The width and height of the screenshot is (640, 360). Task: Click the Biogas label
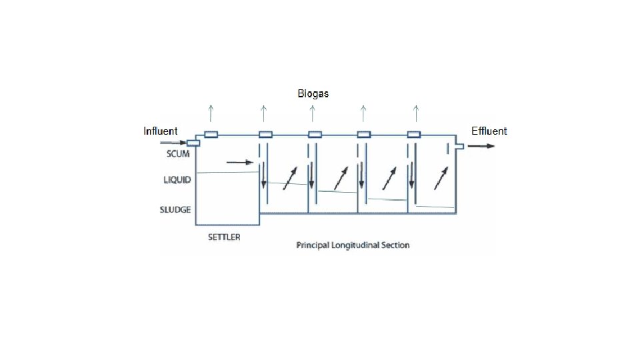click(313, 94)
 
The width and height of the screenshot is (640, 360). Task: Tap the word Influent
click(161, 131)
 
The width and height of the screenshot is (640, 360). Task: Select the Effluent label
click(489, 131)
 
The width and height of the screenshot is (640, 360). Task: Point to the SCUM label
click(178, 154)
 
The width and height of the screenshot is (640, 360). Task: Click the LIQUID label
click(177, 179)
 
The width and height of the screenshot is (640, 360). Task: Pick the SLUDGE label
click(175, 209)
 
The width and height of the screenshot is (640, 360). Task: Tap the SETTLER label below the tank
click(223, 237)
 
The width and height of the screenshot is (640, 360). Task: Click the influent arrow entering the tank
click(173, 143)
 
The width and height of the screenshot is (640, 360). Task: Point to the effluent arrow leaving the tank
click(481, 146)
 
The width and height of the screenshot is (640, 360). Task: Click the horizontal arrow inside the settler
click(240, 161)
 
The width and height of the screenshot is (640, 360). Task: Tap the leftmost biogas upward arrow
click(211, 111)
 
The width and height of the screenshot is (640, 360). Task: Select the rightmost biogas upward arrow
click(416, 111)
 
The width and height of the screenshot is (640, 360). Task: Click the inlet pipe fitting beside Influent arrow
click(193, 143)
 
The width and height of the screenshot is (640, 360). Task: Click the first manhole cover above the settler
click(211, 134)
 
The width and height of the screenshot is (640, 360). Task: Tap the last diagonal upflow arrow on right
click(441, 177)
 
